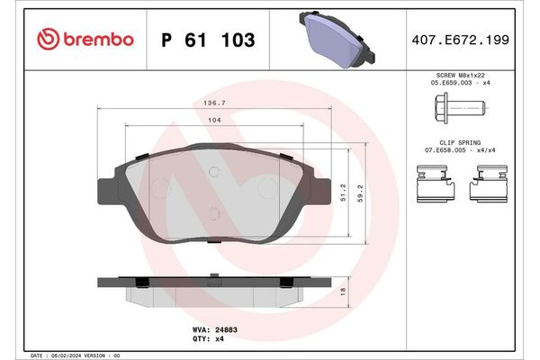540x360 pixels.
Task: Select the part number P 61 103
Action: [x=207, y=40]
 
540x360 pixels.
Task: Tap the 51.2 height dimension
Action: [x=343, y=191]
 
